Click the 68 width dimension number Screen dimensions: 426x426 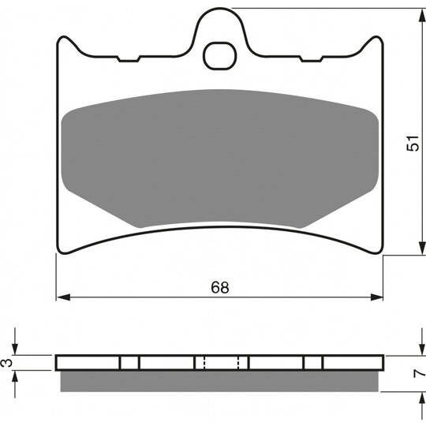pyautogui.click(x=220, y=287)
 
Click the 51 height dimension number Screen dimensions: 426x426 pyautogui.click(x=413, y=143)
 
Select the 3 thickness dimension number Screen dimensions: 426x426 pyautogui.click(x=7, y=362)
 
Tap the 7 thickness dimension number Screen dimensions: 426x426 pyautogui.click(x=419, y=374)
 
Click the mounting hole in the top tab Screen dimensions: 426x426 pyautogui.click(x=219, y=56)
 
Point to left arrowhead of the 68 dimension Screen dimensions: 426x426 pyautogui.click(x=64, y=297)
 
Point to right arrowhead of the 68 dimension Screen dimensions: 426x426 pyautogui.click(x=376, y=297)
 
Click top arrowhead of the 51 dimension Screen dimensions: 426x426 pyautogui.click(x=422, y=16)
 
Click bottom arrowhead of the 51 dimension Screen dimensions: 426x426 pyautogui.click(x=422, y=248)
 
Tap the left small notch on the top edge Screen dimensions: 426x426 pyautogui.click(x=129, y=59)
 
